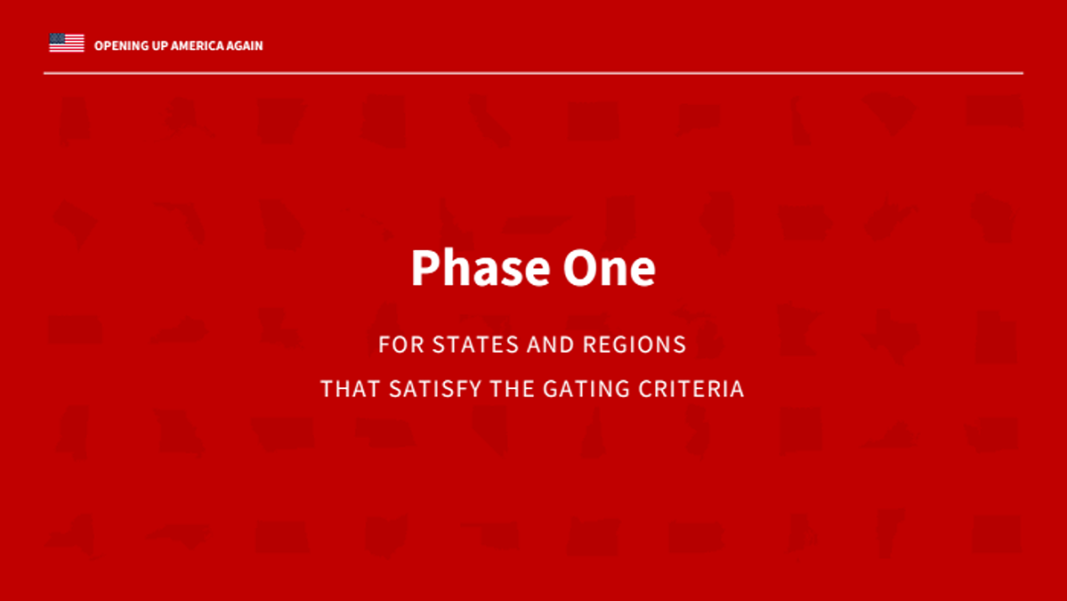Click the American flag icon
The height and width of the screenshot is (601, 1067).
(67, 43)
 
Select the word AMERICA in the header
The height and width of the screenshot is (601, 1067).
(198, 45)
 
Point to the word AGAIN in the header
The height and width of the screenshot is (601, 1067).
(245, 45)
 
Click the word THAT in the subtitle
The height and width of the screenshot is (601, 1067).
(351, 388)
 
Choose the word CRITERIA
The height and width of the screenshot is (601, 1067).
(691, 388)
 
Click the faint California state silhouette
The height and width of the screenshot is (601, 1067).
(489, 122)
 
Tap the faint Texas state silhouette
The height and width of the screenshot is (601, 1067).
(892, 335)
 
